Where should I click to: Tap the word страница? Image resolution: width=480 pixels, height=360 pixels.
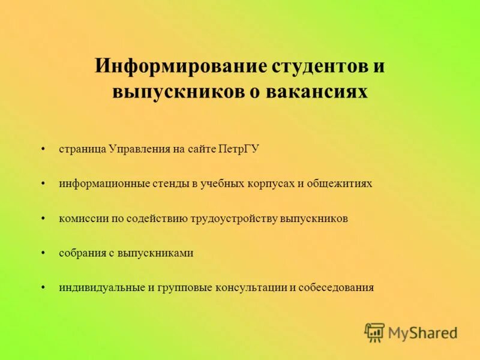pos(83,149)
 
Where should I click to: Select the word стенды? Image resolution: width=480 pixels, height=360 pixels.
pos(171,184)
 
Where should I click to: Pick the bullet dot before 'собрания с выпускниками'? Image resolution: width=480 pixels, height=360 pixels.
pos(43,253)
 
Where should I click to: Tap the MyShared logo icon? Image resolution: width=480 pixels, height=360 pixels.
pos(374,332)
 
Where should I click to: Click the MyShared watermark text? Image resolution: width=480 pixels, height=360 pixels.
pos(422,332)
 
